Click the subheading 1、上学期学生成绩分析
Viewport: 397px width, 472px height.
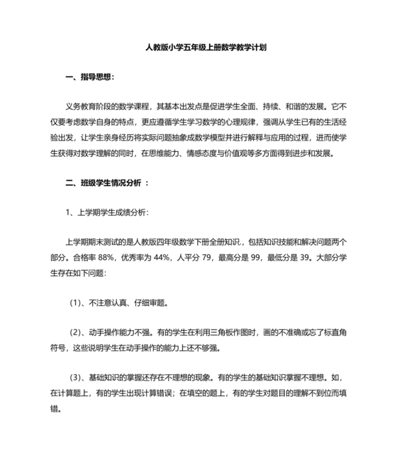pyautogui.click(x=106, y=212)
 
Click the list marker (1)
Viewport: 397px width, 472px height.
pyautogui.click(x=77, y=302)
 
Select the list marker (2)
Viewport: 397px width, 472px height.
pyautogui.click(x=77, y=332)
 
